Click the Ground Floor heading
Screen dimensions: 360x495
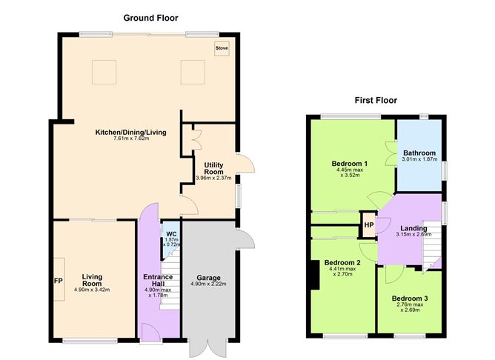click(x=150, y=17)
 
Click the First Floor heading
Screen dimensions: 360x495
click(x=376, y=100)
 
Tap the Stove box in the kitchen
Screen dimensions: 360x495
click(x=222, y=49)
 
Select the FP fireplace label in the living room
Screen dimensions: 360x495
click(x=58, y=281)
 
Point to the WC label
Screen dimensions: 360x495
click(x=171, y=235)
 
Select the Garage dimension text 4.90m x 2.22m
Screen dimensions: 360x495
click(x=207, y=284)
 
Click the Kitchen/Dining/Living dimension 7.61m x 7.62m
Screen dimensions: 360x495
click(x=130, y=139)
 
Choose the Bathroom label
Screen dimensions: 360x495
click(x=419, y=153)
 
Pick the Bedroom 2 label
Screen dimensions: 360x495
click(x=343, y=263)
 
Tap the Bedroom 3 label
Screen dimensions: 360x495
click(x=410, y=299)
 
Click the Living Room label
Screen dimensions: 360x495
click(x=92, y=280)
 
